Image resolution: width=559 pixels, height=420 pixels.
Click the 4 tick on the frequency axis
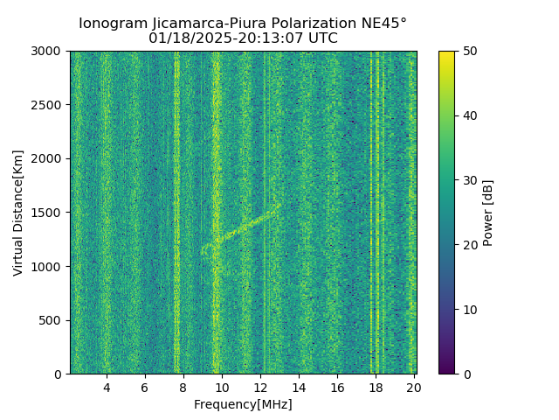pos(107,388)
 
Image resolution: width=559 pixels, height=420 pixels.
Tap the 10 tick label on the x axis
pos(222,388)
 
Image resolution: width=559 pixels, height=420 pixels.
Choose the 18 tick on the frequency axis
pos(376,388)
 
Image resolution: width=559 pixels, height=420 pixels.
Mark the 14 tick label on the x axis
pos(299,388)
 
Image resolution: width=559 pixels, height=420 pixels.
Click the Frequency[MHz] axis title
pos(243,404)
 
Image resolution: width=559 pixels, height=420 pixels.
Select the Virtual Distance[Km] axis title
pos(18,213)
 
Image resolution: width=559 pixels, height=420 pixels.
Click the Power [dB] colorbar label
pos(488,213)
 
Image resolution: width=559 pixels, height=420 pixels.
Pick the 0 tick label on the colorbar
pos(465,374)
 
